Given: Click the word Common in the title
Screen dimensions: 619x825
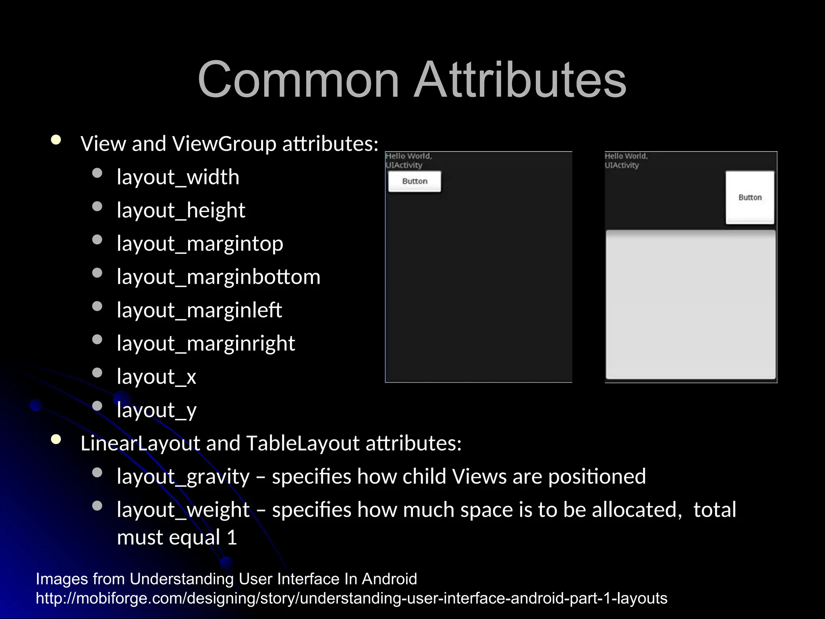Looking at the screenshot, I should coord(298,79).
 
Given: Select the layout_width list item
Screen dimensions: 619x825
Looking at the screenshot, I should coord(178,177).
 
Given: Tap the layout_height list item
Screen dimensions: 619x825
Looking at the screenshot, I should coord(181,210).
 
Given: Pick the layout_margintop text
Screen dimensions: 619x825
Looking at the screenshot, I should coord(200,244).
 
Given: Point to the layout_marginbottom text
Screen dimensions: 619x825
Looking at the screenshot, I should coord(218,277).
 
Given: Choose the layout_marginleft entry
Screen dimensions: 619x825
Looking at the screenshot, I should coord(199,310).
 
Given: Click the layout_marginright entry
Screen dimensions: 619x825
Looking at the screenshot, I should coord(206,344).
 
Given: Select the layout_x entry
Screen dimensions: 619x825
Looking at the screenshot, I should coord(156,377).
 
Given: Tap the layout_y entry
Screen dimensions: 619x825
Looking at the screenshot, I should coord(156,410).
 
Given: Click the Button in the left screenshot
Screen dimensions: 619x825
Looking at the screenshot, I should coord(415,181).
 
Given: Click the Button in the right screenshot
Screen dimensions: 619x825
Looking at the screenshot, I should coord(750,197).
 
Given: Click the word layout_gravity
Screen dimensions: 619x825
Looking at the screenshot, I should coord(183,477).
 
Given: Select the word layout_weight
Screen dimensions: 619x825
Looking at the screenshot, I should coord(183,510).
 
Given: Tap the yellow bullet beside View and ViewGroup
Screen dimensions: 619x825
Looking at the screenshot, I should coord(56,140).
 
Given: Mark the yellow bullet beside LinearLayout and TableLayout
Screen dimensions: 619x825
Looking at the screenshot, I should coord(56,440).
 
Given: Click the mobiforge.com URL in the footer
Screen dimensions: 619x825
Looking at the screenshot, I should coord(351,598).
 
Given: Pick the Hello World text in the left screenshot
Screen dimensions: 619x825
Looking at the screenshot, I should coord(408,156).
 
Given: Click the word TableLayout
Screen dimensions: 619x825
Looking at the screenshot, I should coord(303,443).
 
